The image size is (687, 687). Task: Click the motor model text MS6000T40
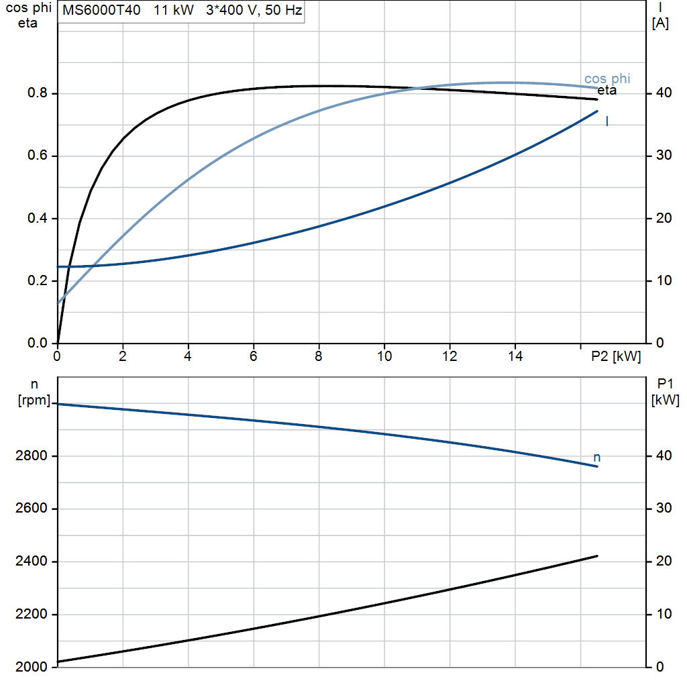(101, 10)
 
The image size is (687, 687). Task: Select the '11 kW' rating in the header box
(174, 10)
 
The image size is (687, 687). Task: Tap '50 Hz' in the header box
(284, 10)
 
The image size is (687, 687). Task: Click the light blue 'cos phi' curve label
(607, 79)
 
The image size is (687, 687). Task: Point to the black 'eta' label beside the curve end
(606, 91)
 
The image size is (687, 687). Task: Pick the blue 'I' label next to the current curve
(606, 121)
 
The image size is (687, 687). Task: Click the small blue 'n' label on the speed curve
(596, 458)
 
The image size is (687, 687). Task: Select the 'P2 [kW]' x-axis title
(616, 356)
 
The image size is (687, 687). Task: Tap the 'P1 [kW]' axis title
(665, 392)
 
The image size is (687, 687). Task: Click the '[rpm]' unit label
(34, 400)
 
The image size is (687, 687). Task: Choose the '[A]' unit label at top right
(660, 23)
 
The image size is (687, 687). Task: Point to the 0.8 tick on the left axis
(38, 93)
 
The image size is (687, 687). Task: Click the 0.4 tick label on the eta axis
(38, 218)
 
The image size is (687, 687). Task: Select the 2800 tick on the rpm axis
(31, 456)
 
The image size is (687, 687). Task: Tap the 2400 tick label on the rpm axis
(31, 562)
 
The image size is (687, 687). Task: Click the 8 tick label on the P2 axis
(319, 356)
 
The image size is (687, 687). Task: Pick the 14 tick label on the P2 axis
(515, 356)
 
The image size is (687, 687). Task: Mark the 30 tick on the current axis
(664, 156)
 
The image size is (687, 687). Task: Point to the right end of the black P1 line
(597, 556)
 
